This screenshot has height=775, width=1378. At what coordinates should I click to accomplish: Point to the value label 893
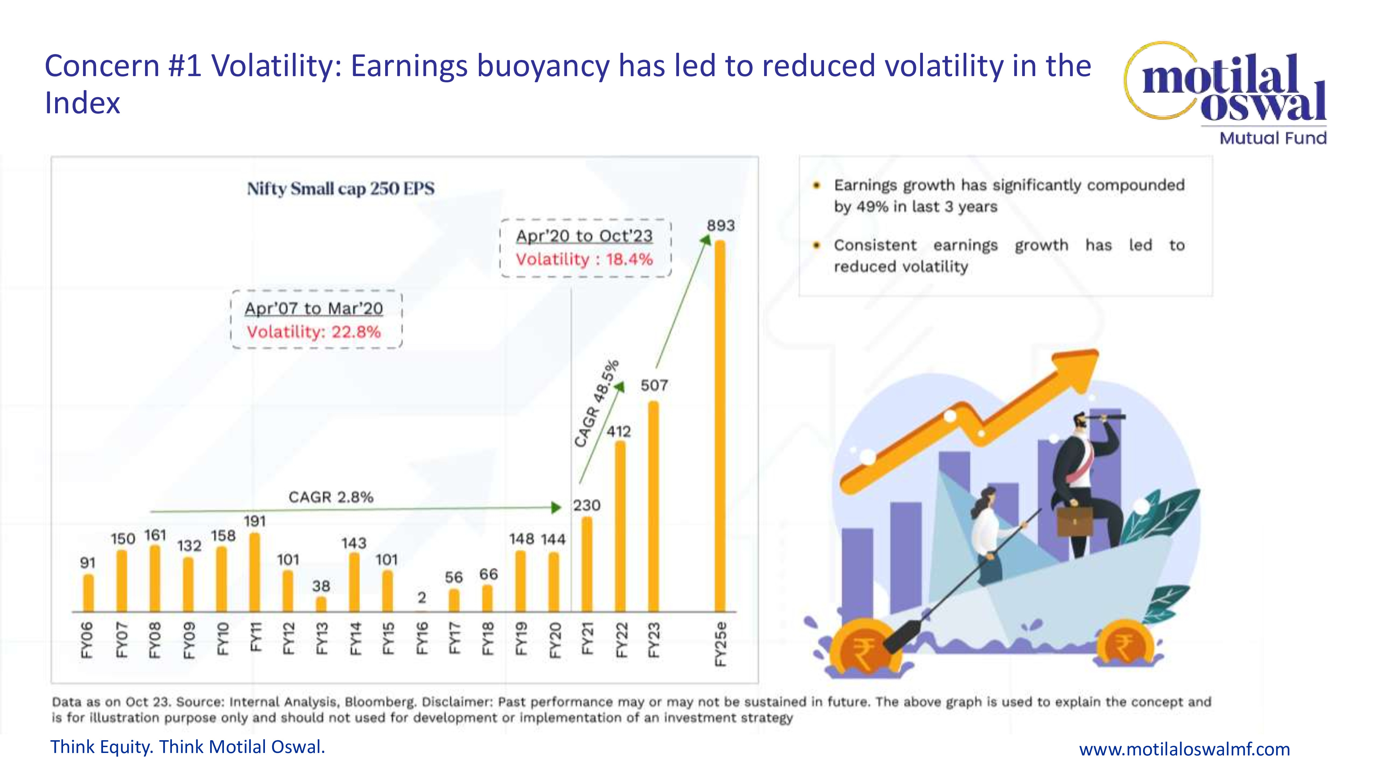721,226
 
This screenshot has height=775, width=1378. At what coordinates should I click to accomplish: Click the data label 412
619,432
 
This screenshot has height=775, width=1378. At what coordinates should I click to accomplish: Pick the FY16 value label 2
422,597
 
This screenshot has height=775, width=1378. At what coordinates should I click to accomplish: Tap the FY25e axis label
721,644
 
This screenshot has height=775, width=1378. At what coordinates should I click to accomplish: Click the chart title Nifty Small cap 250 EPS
341,189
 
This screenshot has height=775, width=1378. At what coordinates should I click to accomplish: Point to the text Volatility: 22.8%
313,332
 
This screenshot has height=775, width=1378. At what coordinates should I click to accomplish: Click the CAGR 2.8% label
331,497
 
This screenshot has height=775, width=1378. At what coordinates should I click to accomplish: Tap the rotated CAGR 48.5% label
596,403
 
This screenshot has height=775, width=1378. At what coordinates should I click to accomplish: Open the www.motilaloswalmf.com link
1184,749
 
